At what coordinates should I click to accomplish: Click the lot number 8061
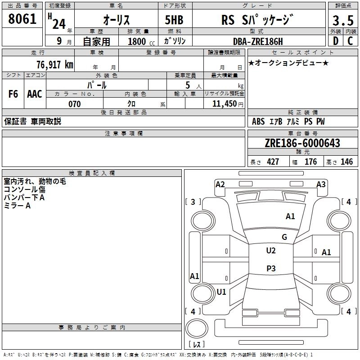point(22,21)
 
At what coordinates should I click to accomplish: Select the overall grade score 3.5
point(342,21)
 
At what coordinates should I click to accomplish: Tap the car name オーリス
point(116,21)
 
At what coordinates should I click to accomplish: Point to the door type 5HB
point(174,21)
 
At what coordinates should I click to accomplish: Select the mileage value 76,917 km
point(54,64)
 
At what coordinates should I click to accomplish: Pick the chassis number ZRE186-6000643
point(303,143)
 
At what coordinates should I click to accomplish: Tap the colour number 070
point(74,104)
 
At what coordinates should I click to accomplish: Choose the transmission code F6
point(13,94)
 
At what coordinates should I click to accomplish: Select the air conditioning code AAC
point(34,94)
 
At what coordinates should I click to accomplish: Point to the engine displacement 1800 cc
point(139,41)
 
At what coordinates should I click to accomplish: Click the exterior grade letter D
point(335,41)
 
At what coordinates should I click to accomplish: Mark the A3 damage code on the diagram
point(321,184)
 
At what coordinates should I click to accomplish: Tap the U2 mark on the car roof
point(270,251)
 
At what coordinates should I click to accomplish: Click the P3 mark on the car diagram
point(270,269)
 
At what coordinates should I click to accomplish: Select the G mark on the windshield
point(284,237)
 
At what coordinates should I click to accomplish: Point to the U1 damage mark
point(221,292)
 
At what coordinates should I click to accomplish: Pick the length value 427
point(273,162)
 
